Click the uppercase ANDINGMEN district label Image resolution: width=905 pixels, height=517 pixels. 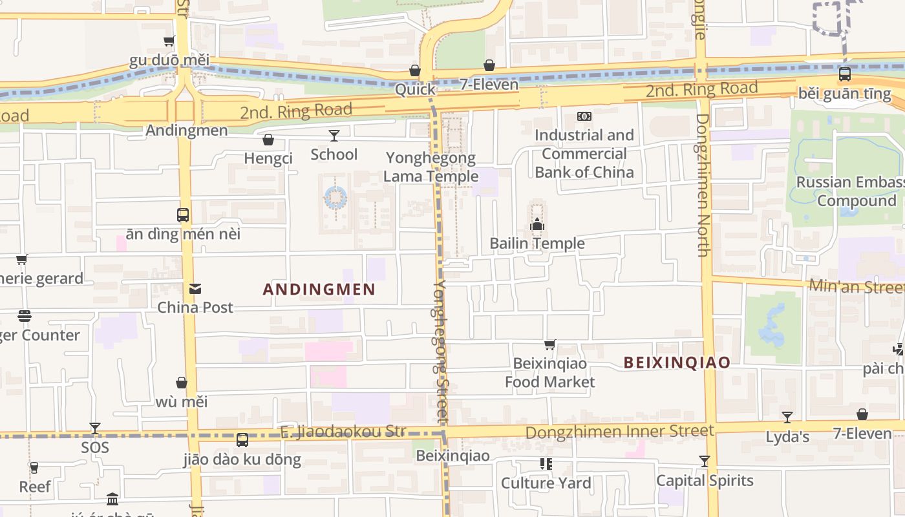coord(319,290)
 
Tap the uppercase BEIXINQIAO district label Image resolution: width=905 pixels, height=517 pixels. coord(677,363)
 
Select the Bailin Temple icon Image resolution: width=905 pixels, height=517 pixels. coord(537,225)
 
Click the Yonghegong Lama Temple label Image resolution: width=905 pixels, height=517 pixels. coord(431,167)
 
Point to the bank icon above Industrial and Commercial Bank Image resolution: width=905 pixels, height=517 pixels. coord(584,116)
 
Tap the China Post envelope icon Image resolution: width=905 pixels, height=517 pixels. coord(195,289)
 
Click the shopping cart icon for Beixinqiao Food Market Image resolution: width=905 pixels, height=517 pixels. coord(549,345)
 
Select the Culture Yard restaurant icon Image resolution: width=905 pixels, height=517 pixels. coord(546,464)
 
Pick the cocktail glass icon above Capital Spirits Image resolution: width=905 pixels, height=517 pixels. coord(705,461)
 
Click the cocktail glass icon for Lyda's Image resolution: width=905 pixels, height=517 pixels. coord(787,417)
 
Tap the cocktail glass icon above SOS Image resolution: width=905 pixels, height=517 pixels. coord(95,428)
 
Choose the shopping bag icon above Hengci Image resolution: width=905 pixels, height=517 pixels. coord(268,140)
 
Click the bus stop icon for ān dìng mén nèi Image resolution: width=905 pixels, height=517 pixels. coord(183,215)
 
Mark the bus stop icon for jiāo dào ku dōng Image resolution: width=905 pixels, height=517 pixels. coord(242,440)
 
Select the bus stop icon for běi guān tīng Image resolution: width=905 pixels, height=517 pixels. coord(844,74)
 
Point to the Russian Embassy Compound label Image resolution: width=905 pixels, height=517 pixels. coord(850,191)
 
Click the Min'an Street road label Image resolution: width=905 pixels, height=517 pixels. coord(856,286)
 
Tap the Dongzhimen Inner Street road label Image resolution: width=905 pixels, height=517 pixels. coord(619,431)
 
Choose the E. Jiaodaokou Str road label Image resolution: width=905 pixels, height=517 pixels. coord(343,431)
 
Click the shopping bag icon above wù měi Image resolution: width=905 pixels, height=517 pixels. coord(182,383)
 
